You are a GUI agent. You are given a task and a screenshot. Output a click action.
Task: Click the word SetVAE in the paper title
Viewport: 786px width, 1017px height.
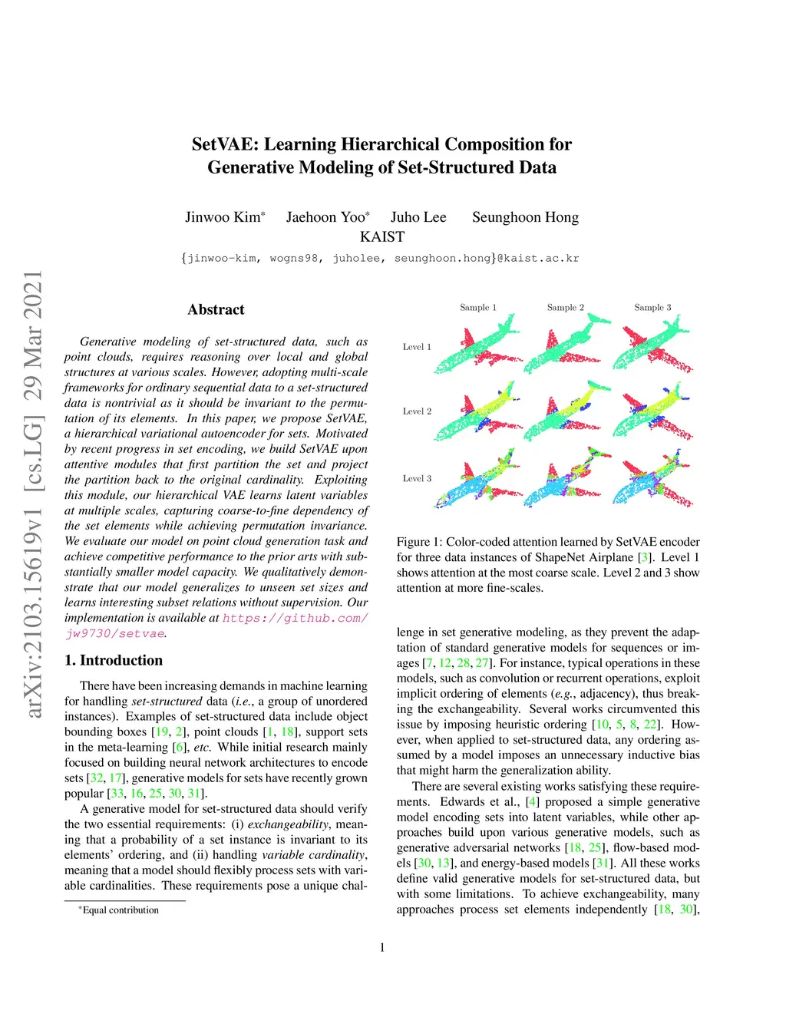pyautogui.click(x=223, y=144)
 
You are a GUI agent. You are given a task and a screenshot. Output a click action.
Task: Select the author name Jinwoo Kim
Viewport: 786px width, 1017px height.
pyautogui.click(x=223, y=217)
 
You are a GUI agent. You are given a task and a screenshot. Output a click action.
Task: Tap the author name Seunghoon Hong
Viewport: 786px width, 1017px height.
pyautogui.click(x=525, y=217)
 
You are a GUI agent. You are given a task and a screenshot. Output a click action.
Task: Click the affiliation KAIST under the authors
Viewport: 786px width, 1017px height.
pyautogui.click(x=381, y=237)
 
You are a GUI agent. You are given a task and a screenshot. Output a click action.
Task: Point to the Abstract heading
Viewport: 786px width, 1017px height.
pyautogui.click(x=216, y=309)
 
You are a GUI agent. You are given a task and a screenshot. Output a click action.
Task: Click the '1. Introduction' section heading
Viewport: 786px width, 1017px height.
pyautogui.click(x=114, y=660)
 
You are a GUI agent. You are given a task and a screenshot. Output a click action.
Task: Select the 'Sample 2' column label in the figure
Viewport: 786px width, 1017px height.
pyautogui.click(x=565, y=308)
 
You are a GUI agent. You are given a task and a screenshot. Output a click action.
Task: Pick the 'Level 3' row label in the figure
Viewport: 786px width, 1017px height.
pyautogui.click(x=417, y=479)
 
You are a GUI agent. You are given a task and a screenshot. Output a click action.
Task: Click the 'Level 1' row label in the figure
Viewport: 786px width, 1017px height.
pyautogui.click(x=417, y=347)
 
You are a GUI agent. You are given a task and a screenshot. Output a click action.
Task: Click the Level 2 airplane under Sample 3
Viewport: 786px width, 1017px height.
pyautogui.click(x=654, y=415)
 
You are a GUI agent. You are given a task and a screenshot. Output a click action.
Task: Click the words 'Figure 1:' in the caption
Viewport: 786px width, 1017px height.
pyautogui.click(x=419, y=542)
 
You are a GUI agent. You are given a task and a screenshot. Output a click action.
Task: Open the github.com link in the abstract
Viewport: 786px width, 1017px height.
pyautogui.click(x=295, y=618)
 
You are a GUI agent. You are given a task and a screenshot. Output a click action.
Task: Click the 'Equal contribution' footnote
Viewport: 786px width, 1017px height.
pyautogui.click(x=121, y=910)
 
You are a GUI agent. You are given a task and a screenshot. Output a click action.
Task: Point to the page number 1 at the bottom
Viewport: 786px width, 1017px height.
pyautogui.click(x=382, y=947)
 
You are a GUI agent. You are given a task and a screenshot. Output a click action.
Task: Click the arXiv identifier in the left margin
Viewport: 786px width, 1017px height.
pyautogui.click(x=33, y=495)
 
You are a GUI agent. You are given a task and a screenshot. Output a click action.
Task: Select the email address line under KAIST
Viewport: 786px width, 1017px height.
pyautogui.click(x=381, y=259)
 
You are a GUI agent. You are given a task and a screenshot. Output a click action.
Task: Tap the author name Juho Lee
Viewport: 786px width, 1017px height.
pyautogui.click(x=418, y=217)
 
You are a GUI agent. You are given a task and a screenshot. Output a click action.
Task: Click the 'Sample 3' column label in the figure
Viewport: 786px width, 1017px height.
pyautogui.click(x=652, y=308)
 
